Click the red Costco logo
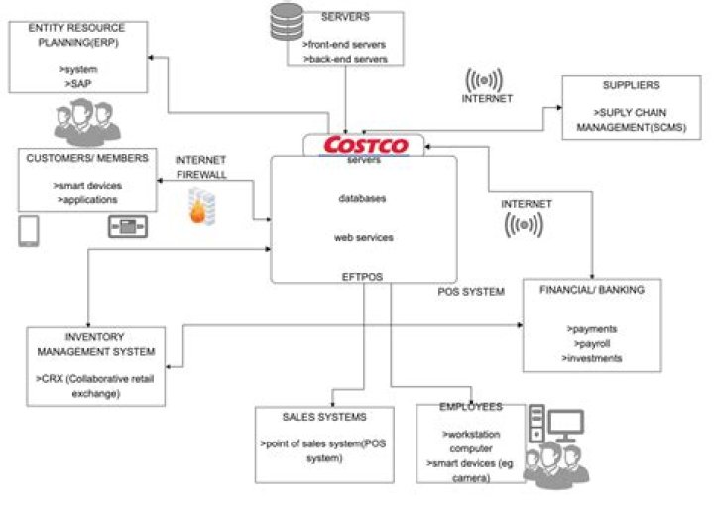[x=364, y=146]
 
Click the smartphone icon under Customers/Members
[x=29, y=231]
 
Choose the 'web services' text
[x=364, y=238]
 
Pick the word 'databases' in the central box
[x=364, y=198]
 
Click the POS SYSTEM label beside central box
[x=472, y=291]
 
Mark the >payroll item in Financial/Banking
[x=587, y=342]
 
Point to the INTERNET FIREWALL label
[x=202, y=166]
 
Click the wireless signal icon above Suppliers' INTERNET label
[x=487, y=78]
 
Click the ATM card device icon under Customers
[x=128, y=228]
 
